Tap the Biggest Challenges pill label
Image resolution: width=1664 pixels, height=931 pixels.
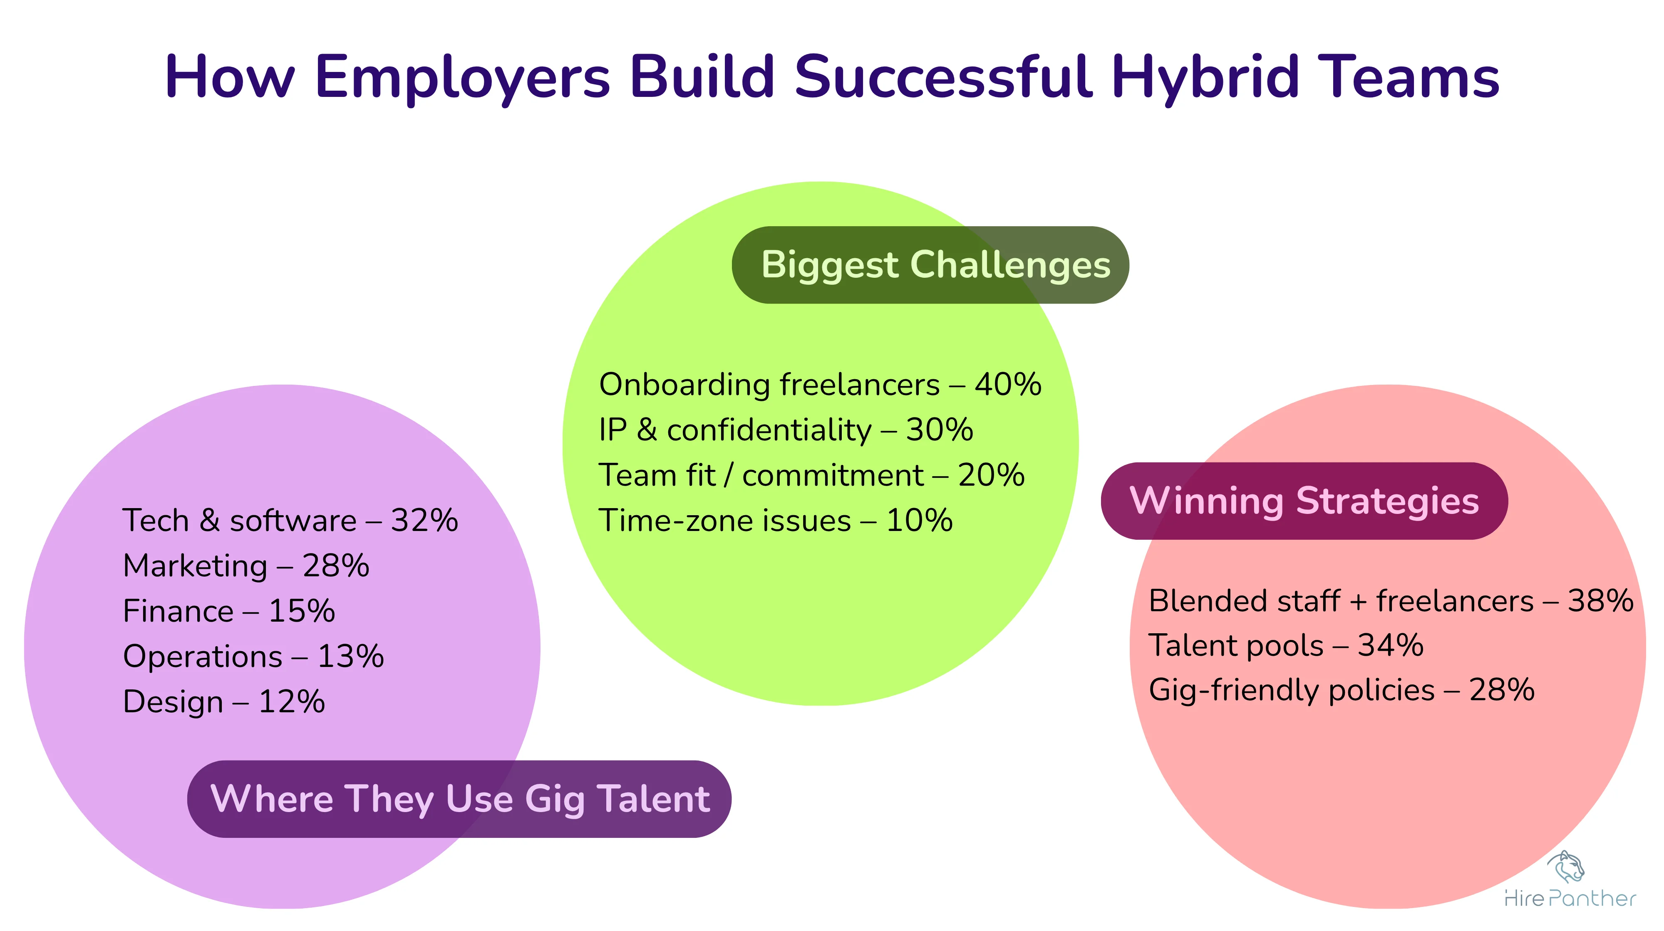pyautogui.click(x=930, y=265)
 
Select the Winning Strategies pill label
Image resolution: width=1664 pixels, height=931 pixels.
pyautogui.click(x=1304, y=501)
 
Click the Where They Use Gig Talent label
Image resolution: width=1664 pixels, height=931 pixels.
pyautogui.click(x=459, y=799)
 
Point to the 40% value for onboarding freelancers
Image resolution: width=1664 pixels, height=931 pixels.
pyautogui.click(x=1008, y=385)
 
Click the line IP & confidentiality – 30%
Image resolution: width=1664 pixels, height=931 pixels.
pyautogui.click(x=786, y=430)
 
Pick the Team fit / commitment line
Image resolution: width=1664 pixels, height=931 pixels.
pyautogui.click(x=811, y=475)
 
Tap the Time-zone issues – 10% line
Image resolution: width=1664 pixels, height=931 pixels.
pyautogui.click(x=775, y=520)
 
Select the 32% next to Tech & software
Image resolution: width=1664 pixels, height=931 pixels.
pyautogui.click(x=424, y=520)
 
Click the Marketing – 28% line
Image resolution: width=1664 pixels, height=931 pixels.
pyautogui.click(x=246, y=566)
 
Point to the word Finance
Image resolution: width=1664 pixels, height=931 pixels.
pyautogui.click(x=178, y=611)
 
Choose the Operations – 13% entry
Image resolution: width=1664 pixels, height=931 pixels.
pyautogui.click(x=253, y=656)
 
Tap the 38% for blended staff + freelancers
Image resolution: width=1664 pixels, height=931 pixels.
pyautogui.click(x=1601, y=601)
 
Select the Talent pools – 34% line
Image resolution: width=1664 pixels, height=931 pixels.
pyautogui.click(x=1285, y=646)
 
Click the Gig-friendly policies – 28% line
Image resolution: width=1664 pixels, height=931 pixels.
pyautogui.click(x=1341, y=690)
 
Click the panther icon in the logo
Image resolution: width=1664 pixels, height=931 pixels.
pyautogui.click(x=1566, y=867)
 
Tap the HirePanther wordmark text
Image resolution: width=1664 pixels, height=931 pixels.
pyautogui.click(x=1570, y=899)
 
